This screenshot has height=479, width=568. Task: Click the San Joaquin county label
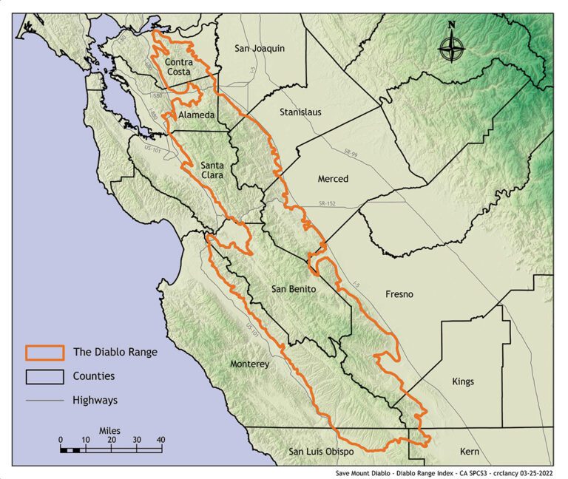coord(259,49)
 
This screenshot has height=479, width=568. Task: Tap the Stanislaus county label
coord(300,113)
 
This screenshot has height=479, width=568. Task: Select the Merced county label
coord(332,179)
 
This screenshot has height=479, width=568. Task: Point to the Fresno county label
coord(399,294)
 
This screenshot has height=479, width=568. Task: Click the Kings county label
coord(463,381)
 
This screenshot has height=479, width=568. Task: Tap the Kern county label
coord(469,452)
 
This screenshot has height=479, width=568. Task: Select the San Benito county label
coord(294,289)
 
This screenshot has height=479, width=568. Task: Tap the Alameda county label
coord(197,116)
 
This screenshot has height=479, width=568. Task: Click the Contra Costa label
coord(179,67)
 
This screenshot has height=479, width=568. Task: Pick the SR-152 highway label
coord(327,203)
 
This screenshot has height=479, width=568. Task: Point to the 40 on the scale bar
coord(160,440)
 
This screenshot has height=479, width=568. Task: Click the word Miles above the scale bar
coord(109,429)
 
